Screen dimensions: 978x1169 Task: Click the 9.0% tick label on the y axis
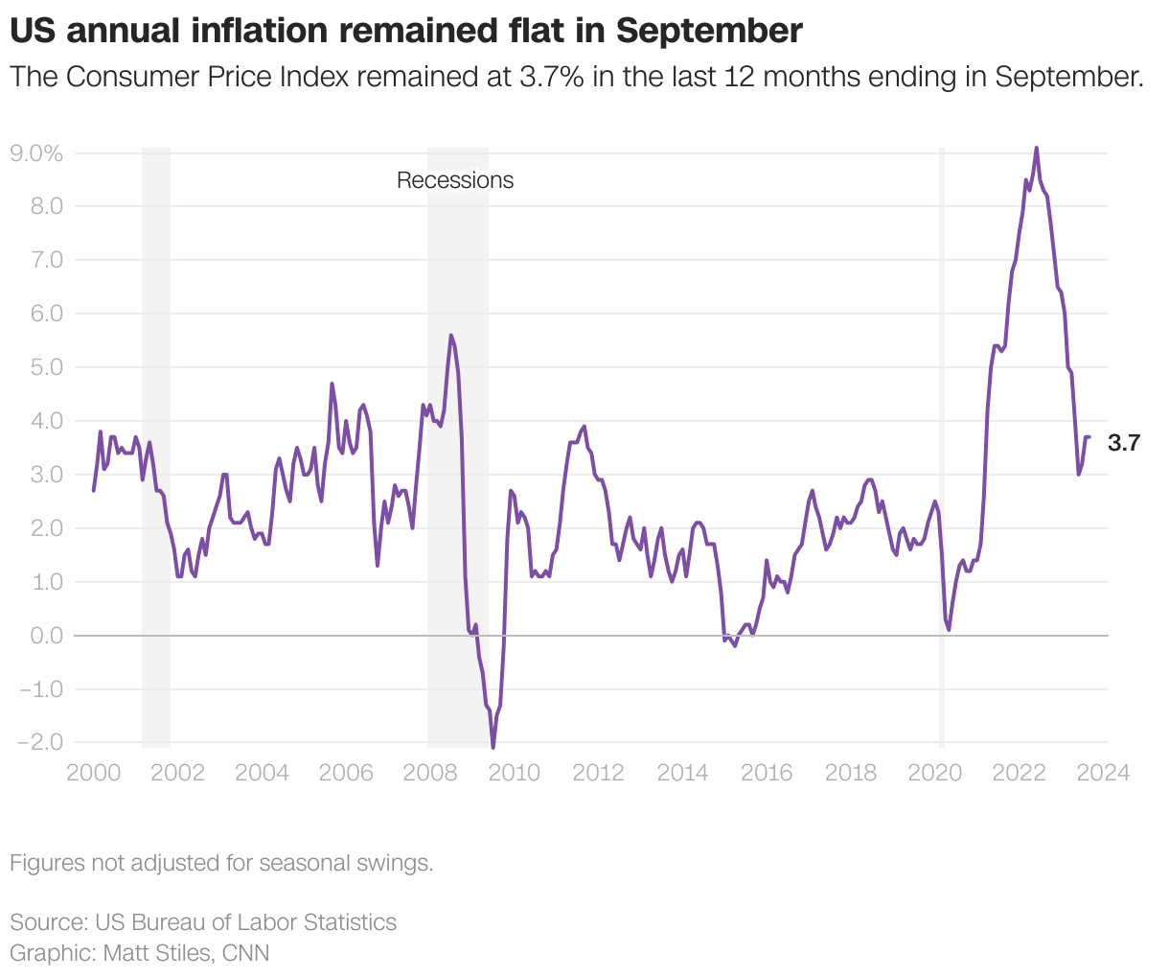(x=35, y=153)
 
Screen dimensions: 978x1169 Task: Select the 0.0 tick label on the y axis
(x=45, y=636)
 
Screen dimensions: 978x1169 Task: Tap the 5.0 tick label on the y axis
(x=45, y=367)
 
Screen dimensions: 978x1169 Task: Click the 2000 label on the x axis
(x=93, y=773)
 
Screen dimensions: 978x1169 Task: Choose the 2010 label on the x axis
(x=515, y=773)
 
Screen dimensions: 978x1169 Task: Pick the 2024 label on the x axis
(x=1104, y=773)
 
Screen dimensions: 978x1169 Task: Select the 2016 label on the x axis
(x=767, y=773)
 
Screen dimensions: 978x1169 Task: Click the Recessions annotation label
(x=455, y=180)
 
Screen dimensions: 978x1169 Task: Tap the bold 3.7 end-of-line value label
(x=1124, y=443)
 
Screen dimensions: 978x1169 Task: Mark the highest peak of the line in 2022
(x=1036, y=149)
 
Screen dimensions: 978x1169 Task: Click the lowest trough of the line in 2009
(x=493, y=747)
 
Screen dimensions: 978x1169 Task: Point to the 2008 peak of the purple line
(x=450, y=336)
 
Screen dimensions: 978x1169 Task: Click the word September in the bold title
(x=709, y=32)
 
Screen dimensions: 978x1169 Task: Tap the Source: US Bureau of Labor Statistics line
(x=203, y=922)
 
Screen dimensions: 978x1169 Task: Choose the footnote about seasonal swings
(x=221, y=863)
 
